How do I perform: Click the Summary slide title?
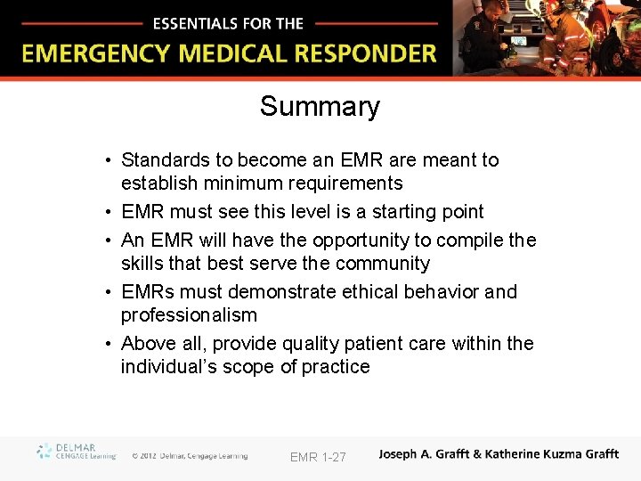tap(320, 107)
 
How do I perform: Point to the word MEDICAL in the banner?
tap(236, 53)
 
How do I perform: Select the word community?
tap(385, 264)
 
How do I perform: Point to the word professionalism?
tap(189, 315)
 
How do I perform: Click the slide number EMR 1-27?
tap(318, 457)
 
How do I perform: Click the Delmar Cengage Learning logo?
tap(77, 452)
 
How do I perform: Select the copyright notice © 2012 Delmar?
tap(190, 456)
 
